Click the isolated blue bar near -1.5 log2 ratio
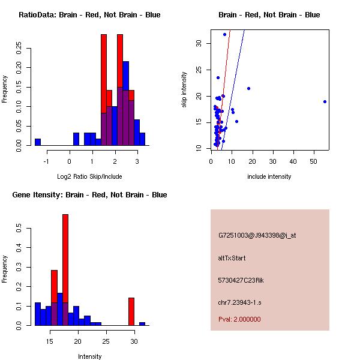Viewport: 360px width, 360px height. (x=38, y=142)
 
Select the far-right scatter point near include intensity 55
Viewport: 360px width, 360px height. (x=325, y=101)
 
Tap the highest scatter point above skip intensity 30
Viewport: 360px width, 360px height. (x=224, y=34)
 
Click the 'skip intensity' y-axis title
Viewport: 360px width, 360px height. (x=185, y=90)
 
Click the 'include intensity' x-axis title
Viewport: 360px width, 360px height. (x=269, y=176)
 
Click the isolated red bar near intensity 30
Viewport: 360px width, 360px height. (x=131, y=311)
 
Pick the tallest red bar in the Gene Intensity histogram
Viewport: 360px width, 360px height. (x=65, y=270)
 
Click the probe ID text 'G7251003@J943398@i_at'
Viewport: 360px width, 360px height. (x=257, y=235)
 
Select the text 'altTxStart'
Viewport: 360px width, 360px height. (x=232, y=258)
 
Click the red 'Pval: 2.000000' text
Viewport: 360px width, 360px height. (x=239, y=319)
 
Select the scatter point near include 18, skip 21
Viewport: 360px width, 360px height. (x=248, y=88)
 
